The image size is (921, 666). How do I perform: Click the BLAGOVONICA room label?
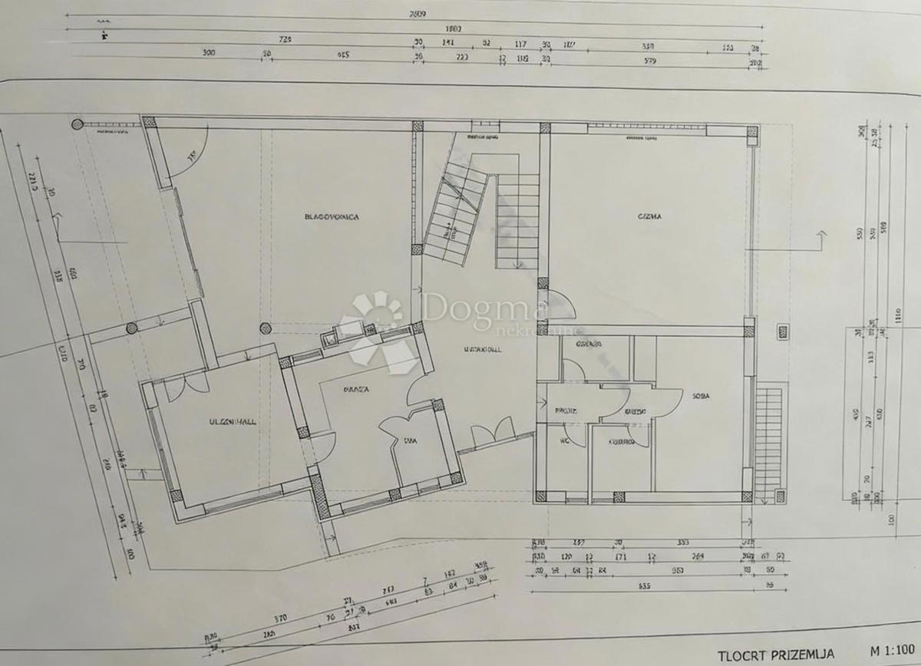[x=331, y=217]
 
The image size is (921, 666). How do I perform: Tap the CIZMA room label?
[x=649, y=216]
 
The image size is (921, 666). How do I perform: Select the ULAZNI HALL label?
[x=232, y=421]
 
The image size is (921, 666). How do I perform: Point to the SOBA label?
[x=699, y=397]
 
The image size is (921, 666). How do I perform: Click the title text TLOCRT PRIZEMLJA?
[x=776, y=655]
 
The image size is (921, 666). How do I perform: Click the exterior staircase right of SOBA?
[x=768, y=441]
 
